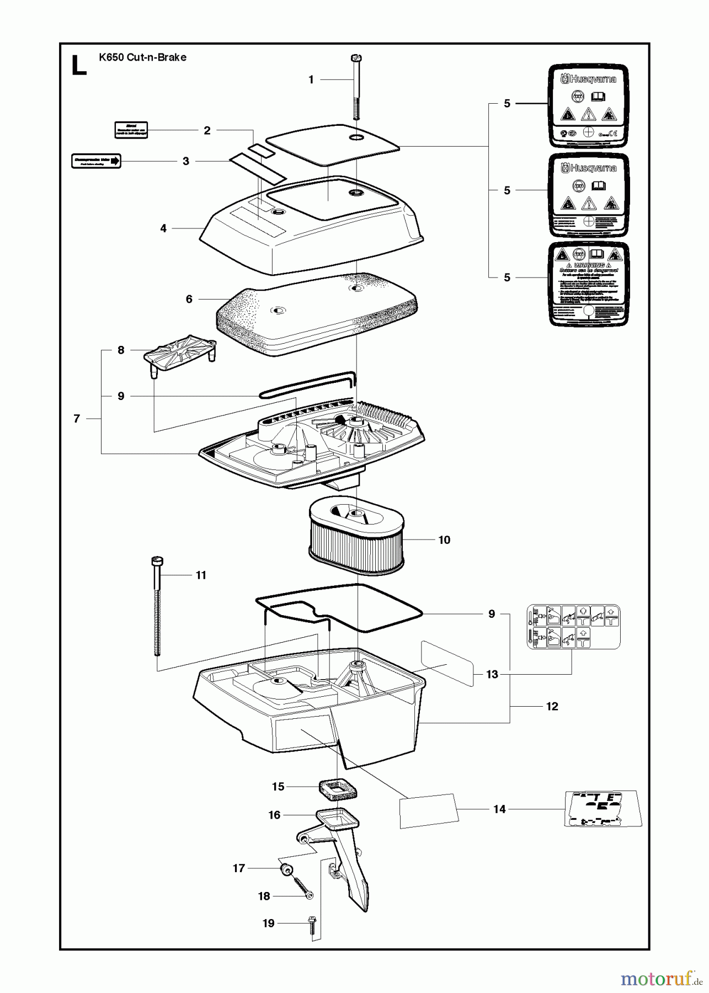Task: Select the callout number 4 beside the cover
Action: (163, 228)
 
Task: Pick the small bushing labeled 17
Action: (286, 869)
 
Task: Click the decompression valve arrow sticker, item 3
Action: (96, 161)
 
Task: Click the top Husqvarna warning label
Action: (588, 105)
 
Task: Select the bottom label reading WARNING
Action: (588, 284)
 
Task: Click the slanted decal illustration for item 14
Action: (603, 809)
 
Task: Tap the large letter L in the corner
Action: (79, 66)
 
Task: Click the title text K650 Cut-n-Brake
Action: (142, 57)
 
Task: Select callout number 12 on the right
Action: (552, 707)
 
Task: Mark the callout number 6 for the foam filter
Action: (189, 299)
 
